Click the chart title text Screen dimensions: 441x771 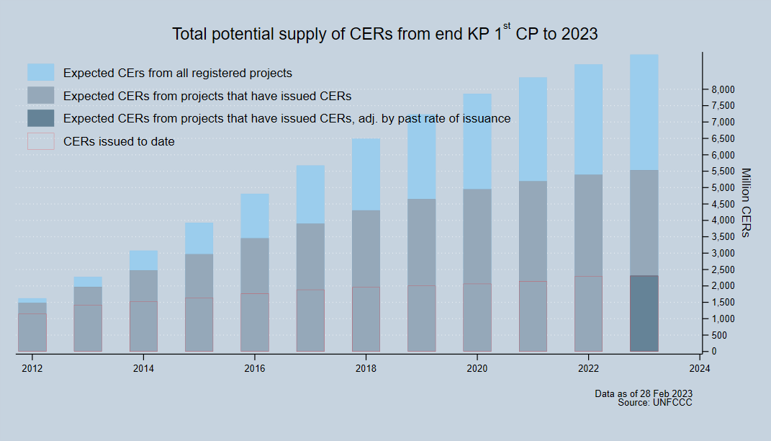pos(385,34)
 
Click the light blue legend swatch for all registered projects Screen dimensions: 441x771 pos(41,72)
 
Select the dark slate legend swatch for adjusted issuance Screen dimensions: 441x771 pos(41,118)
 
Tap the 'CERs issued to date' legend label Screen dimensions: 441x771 pos(119,142)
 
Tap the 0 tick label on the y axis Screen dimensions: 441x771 pos(713,352)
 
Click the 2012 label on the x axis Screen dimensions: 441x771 pos(32,369)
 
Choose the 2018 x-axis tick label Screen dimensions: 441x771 pos(366,369)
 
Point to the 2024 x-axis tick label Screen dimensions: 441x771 pos(699,369)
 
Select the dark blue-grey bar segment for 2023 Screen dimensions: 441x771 pos(644,313)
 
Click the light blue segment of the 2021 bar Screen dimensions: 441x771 pos(533,130)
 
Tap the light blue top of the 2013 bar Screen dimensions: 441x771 pos(88,282)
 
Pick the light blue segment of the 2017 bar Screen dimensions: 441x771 pos(310,195)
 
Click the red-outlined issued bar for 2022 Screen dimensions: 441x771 pos(588,313)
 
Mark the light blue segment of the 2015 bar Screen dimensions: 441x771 pos(199,239)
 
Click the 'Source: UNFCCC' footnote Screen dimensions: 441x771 pos(655,402)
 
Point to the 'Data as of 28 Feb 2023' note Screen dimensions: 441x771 pos(644,393)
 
